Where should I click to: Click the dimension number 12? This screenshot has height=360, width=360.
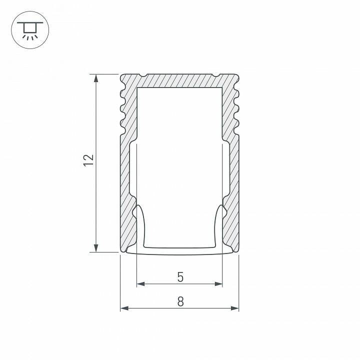[x=88, y=160]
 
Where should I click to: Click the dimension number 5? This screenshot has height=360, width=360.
[x=180, y=276]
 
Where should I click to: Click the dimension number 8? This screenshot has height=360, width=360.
[x=180, y=301]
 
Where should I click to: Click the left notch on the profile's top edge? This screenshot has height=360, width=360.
[x=142, y=76]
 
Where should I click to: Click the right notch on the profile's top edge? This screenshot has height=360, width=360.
[x=216, y=76]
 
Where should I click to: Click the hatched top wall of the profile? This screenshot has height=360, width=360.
[x=179, y=81]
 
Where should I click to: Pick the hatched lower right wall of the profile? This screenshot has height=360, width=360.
[x=233, y=200]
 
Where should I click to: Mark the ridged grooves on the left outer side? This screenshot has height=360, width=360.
[x=121, y=107]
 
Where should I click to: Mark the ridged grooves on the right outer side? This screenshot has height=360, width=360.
[x=237, y=107]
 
